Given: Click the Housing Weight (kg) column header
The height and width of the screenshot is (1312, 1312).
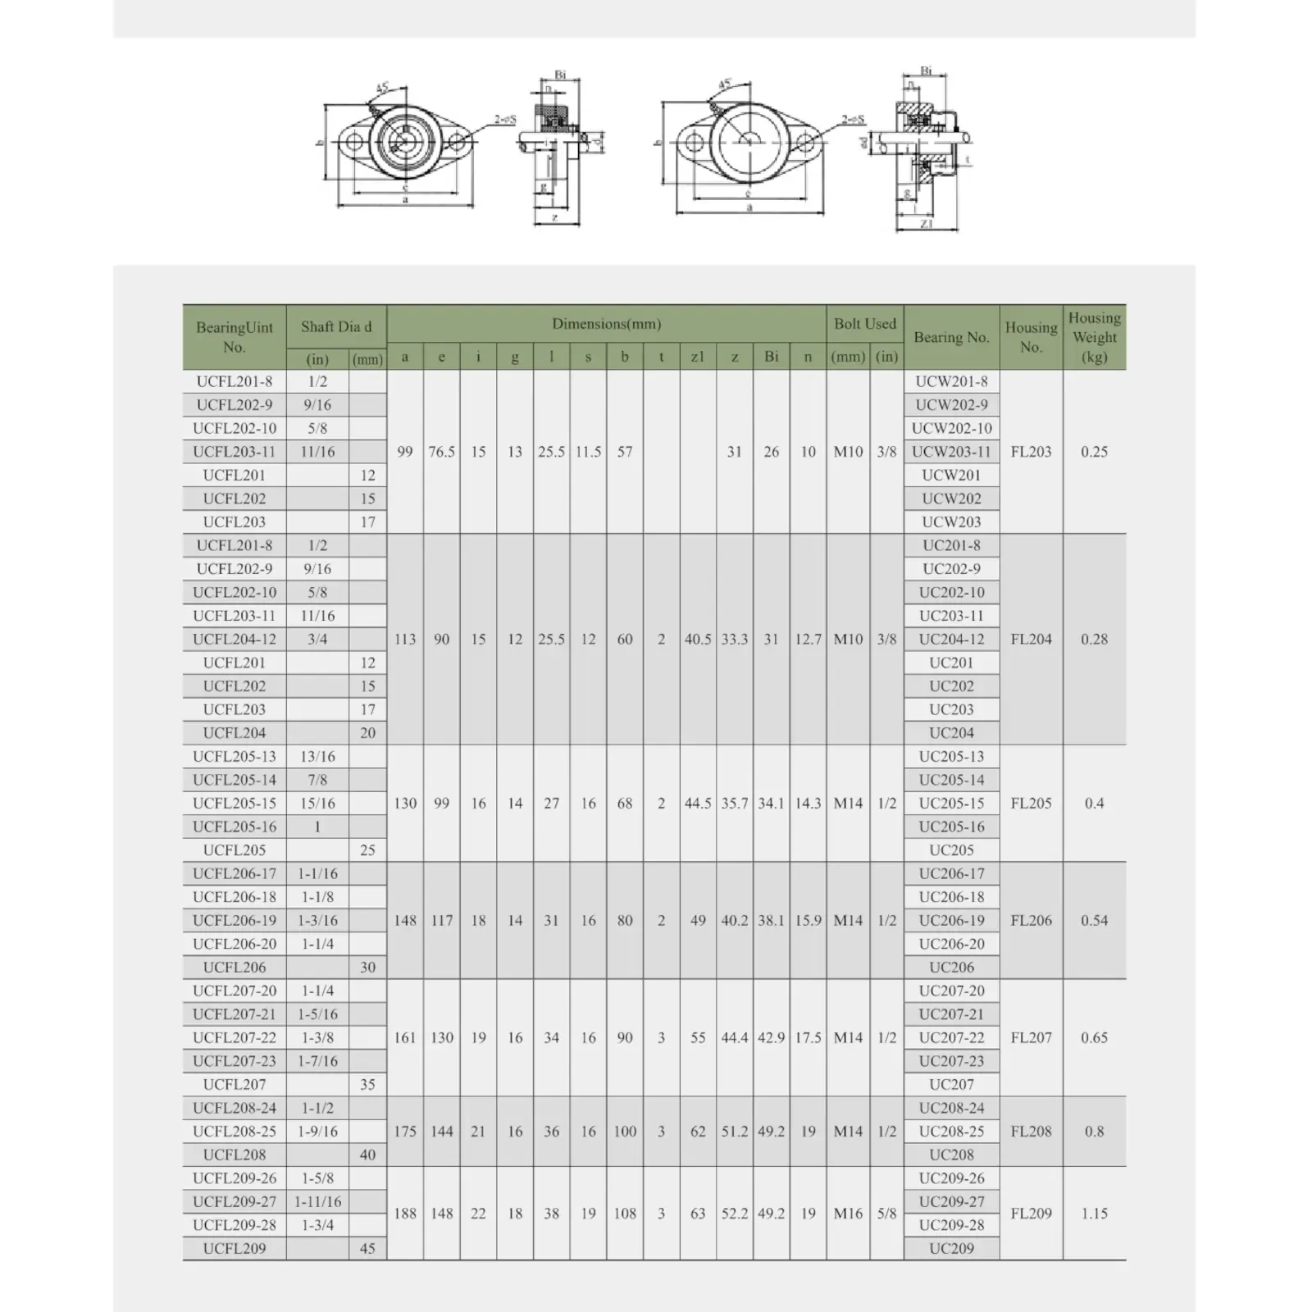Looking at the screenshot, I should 1094,337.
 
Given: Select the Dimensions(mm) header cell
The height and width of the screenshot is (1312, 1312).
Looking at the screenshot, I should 606,324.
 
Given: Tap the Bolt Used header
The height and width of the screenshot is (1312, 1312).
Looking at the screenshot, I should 864,324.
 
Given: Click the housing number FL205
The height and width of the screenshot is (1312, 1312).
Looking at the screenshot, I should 1031,804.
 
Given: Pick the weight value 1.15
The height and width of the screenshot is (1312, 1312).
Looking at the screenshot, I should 1094,1214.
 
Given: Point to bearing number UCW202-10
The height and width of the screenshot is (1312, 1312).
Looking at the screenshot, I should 951,428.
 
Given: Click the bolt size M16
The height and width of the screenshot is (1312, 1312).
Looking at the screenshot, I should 848,1214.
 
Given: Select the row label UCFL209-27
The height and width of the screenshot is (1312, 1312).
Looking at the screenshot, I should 235,1201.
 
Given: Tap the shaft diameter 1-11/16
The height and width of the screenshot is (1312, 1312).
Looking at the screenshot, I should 317,1201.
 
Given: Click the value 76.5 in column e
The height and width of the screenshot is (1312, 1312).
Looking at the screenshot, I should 441,452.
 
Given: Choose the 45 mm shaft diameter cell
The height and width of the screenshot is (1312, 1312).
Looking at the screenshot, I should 367,1248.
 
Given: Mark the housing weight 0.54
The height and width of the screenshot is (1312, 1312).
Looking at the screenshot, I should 1094,920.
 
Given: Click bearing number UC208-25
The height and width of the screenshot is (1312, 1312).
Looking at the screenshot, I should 951,1131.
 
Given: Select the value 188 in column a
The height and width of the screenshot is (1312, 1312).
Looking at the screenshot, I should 405,1214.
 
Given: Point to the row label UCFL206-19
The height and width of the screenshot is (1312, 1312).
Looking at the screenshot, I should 235,920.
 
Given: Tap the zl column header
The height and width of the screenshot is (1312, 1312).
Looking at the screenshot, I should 697,358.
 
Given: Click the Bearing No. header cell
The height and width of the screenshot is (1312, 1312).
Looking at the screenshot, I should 951,337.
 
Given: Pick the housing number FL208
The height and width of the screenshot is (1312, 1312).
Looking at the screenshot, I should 1031,1131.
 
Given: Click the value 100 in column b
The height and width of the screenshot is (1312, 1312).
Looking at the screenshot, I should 625,1131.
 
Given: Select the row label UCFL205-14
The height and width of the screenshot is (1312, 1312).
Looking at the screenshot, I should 235,780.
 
